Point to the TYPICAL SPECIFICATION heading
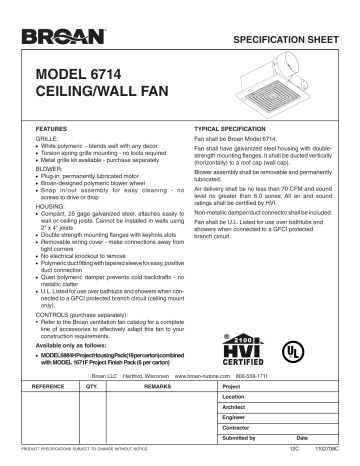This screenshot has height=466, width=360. tap(226, 130)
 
